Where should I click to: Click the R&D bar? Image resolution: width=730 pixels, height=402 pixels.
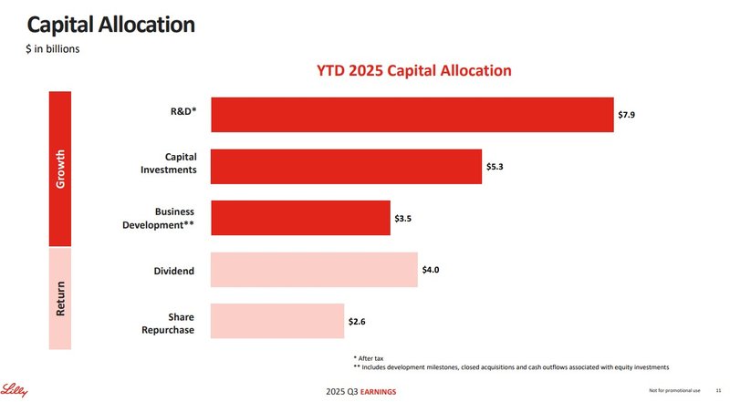point(412,115)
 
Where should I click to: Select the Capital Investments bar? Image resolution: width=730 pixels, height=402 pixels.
point(346,167)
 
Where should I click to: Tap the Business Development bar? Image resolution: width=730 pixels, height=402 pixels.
point(300,219)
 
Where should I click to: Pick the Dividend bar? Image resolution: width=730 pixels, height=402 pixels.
point(314,270)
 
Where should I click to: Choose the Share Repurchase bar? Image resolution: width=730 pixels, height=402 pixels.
point(277,322)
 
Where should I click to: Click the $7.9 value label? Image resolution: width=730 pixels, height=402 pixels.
point(627,115)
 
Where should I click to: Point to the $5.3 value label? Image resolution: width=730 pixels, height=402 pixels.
point(495,167)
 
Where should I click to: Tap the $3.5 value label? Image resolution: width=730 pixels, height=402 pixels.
point(403,219)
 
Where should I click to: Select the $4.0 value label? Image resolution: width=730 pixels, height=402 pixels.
point(432,270)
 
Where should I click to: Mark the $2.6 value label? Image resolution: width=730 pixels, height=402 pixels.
point(358,322)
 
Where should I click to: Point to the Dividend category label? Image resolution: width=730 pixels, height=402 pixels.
point(175,270)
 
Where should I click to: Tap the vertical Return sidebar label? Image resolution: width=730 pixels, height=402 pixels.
point(60,298)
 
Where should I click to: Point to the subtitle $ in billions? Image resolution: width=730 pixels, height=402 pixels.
point(52,48)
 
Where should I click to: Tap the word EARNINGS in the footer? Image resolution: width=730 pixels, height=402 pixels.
point(378,392)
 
